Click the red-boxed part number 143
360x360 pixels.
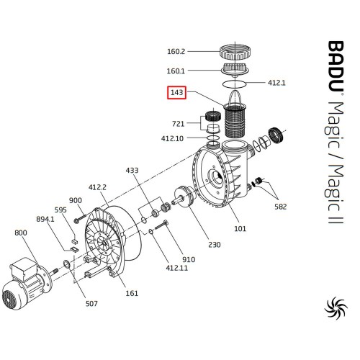click(x=176, y=92)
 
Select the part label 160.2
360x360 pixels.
click(x=176, y=51)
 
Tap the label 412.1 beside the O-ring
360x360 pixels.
click(x=276, y=83)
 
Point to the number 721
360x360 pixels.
click(x=178, y=124)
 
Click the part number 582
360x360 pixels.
click(x=281, y=207)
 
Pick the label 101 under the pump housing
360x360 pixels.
click(x=240, y=228)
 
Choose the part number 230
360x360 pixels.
click(x=215, y=245)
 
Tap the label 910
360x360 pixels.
click(x=189, y=259)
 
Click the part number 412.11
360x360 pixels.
click(x=176, y=268)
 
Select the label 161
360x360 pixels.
click(x=132, y=293)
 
